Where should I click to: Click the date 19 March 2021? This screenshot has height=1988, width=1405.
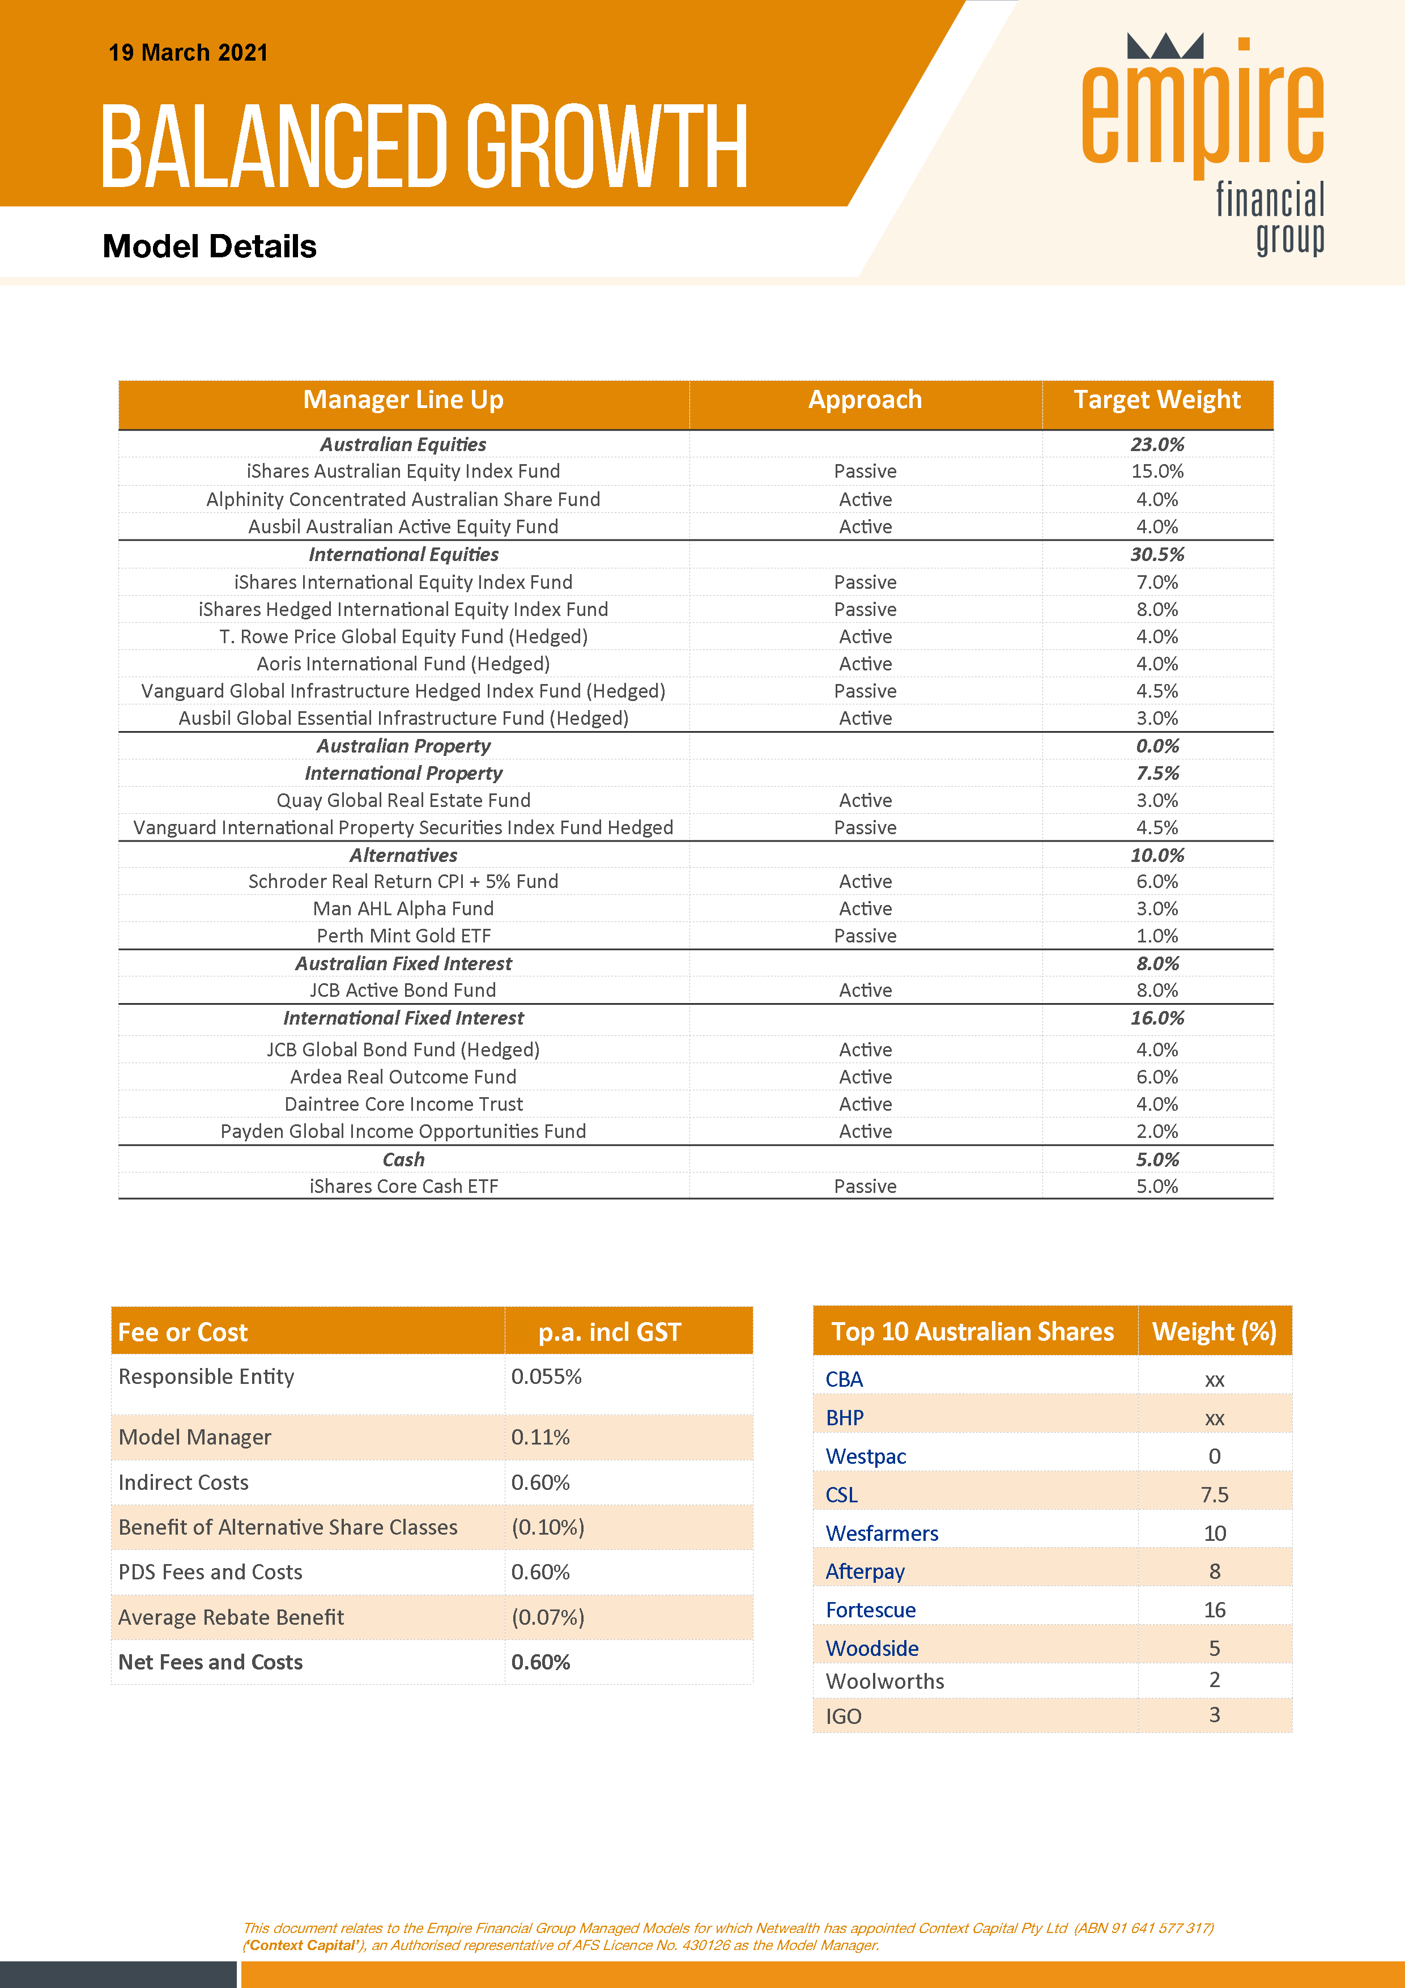tap(188, 53)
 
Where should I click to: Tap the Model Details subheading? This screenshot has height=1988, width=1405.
tap(210, 247)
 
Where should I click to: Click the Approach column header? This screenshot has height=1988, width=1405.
tap(865, 400)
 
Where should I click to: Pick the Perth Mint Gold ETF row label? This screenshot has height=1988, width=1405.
tap(403, 936)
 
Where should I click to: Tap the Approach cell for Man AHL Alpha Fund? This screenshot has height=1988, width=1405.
tap(865, 909)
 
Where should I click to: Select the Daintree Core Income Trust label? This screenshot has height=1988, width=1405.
tap(403, 1104)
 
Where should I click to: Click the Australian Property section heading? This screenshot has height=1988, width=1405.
tap(403, 746)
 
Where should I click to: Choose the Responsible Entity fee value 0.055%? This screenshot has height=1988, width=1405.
tap(546, 1377)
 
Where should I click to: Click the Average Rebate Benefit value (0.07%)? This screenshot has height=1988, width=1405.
tap(548, 1617)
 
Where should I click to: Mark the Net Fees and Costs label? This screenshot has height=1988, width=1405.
tap(210, 1663)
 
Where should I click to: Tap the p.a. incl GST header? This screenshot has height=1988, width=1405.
tap(610, 1332)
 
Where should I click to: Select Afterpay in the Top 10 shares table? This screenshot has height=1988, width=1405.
tap(865, 1571)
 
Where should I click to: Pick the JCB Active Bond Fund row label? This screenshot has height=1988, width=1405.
tap(403, 991)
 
